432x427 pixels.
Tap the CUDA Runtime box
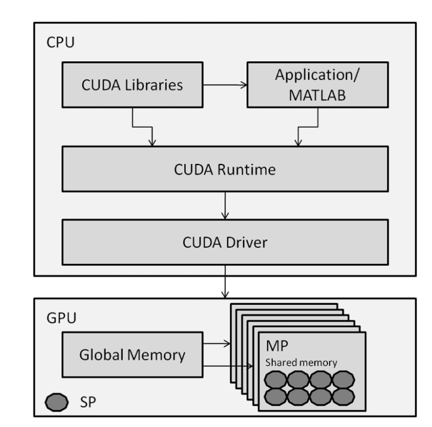click(224, 169)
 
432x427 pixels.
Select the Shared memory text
click(301, 363)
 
